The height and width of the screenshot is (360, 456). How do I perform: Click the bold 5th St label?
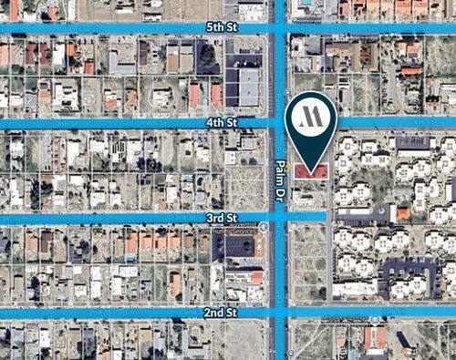pos(221,28)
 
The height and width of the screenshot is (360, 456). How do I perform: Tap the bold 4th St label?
pos(221,121)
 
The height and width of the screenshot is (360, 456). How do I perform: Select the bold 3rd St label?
pos(221,218)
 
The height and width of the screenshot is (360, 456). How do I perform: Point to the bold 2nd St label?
pos(221,313)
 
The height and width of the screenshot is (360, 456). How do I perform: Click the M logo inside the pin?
pos(311,116)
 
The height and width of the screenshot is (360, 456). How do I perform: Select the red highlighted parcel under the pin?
pos(316,170)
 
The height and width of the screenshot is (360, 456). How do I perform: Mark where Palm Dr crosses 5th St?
pos(281,28)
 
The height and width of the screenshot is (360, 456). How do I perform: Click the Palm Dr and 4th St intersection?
pos(281,121)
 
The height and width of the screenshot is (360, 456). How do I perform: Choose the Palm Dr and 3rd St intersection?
pos(281,218)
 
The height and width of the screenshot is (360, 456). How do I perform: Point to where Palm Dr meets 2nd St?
pos(281,313)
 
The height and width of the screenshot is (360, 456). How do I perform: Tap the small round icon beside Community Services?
pos(264,227)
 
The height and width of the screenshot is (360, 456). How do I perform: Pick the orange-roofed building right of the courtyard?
pos(403,213)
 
